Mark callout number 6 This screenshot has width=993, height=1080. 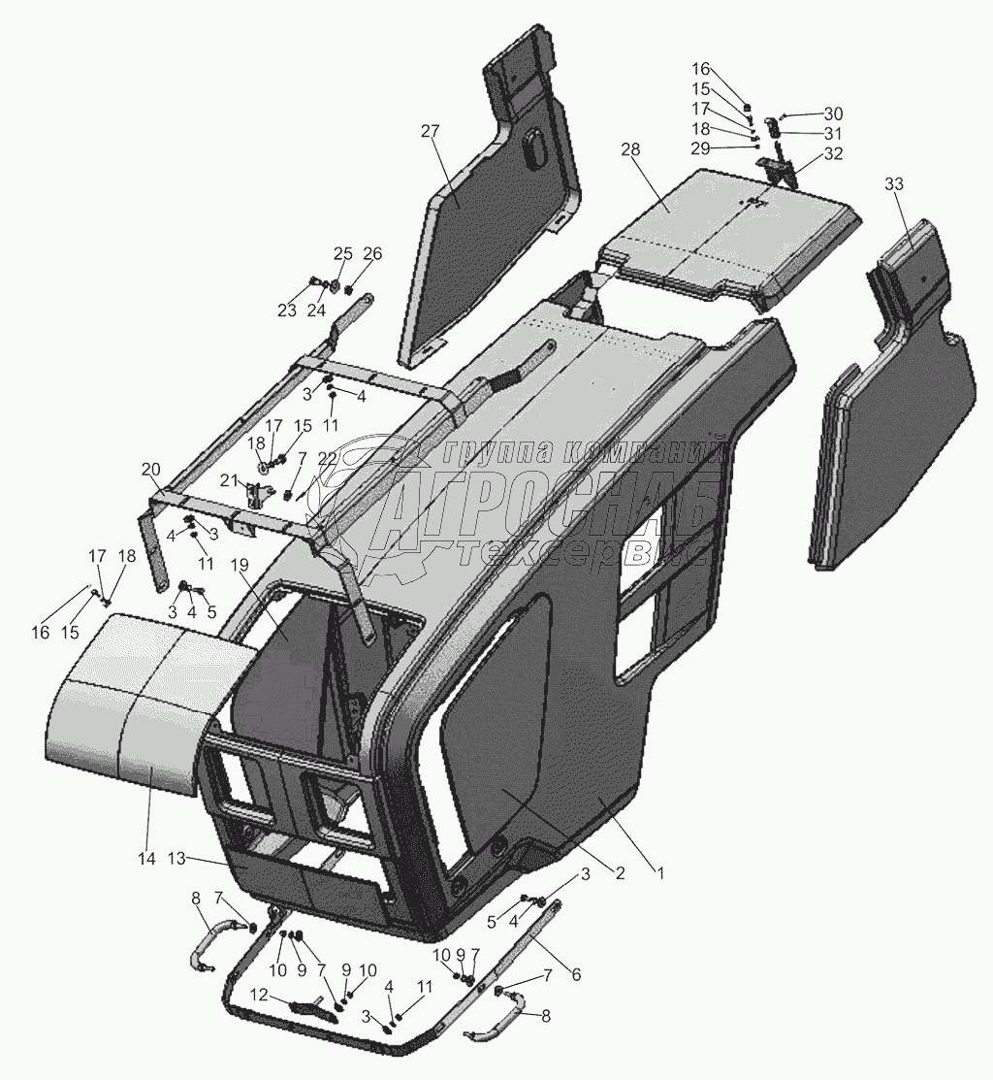(576, 973)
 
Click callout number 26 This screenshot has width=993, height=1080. (372, 254)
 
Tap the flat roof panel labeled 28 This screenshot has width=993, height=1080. (727, 233)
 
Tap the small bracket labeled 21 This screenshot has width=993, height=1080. (258, 494)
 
